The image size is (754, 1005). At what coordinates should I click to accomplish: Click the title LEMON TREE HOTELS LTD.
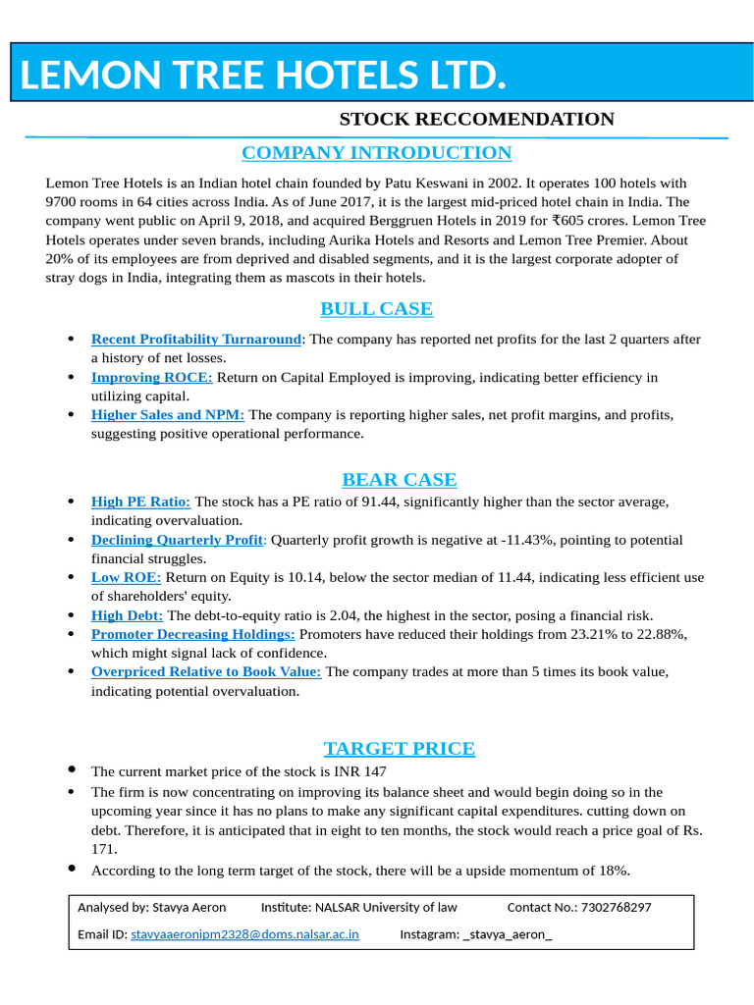[x=263, y=75]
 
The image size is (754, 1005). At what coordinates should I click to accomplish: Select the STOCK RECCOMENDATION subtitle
[x=476, y=120]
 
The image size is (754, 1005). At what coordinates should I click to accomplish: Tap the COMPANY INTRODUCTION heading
[x=376, y=153]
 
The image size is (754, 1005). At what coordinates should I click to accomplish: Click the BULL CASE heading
[x=376, y=309]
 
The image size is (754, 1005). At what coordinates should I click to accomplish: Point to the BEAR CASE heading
[x=399, y=480]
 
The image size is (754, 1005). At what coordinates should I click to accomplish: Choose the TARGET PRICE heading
[x=399, y=749]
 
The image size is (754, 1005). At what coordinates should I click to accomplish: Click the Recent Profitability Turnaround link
[x=195, y=340]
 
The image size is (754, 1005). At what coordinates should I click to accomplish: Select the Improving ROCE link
[x=151, y=377]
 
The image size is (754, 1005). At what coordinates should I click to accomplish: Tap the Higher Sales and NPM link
[x=167, y=415]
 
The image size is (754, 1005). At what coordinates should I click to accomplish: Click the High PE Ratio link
[x=140, y=502]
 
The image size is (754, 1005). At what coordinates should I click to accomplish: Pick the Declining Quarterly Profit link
[x=177, y=540]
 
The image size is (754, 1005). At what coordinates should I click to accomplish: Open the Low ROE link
[x=126, y=577]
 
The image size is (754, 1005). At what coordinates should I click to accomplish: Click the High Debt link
[x=127, y=615]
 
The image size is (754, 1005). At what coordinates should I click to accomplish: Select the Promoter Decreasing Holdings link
[x=192, y=634]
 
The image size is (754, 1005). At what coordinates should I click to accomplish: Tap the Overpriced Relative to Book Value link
[x=205, y=672]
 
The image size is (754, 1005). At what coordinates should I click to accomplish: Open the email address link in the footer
[x=244, y=935]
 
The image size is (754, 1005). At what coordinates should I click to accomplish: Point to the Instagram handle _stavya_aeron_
[x=507, y=935]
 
